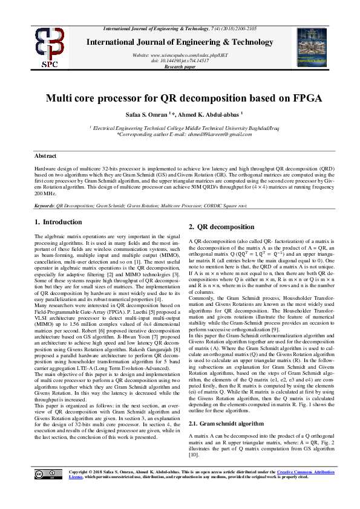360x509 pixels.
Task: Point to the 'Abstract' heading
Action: click(45, 155)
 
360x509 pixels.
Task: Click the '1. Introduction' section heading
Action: click(58, 222)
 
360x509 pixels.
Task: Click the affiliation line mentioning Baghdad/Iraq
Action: click(180, 128)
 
